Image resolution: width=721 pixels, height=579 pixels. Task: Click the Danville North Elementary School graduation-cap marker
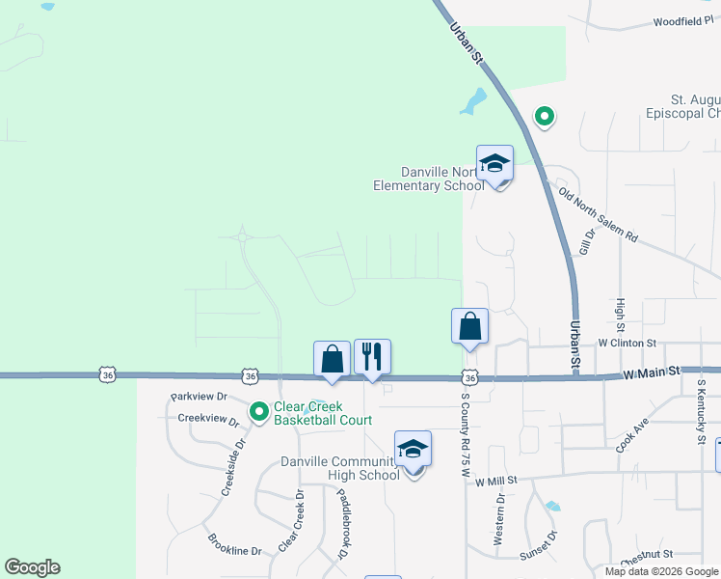click(x=494, y=164)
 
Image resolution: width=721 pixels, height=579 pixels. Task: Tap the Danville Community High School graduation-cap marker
click(x=413, y=450)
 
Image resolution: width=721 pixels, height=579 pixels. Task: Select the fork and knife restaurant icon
click(x=372, y=358)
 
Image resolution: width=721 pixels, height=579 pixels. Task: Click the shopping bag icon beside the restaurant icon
click(x=332, y=360)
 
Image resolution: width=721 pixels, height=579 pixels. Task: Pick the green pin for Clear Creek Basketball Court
click(x=259, y=412)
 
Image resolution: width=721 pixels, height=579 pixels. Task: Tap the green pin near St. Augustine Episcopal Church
click(x=545, y=118)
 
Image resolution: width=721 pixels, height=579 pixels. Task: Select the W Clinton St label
click(x=627, y=343)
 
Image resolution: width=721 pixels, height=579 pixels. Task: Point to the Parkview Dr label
click(x=199, y=397)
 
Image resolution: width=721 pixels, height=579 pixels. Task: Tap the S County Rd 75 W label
click(x=464, y=430)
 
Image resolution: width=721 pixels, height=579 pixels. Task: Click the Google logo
click(x=32, y=567)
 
